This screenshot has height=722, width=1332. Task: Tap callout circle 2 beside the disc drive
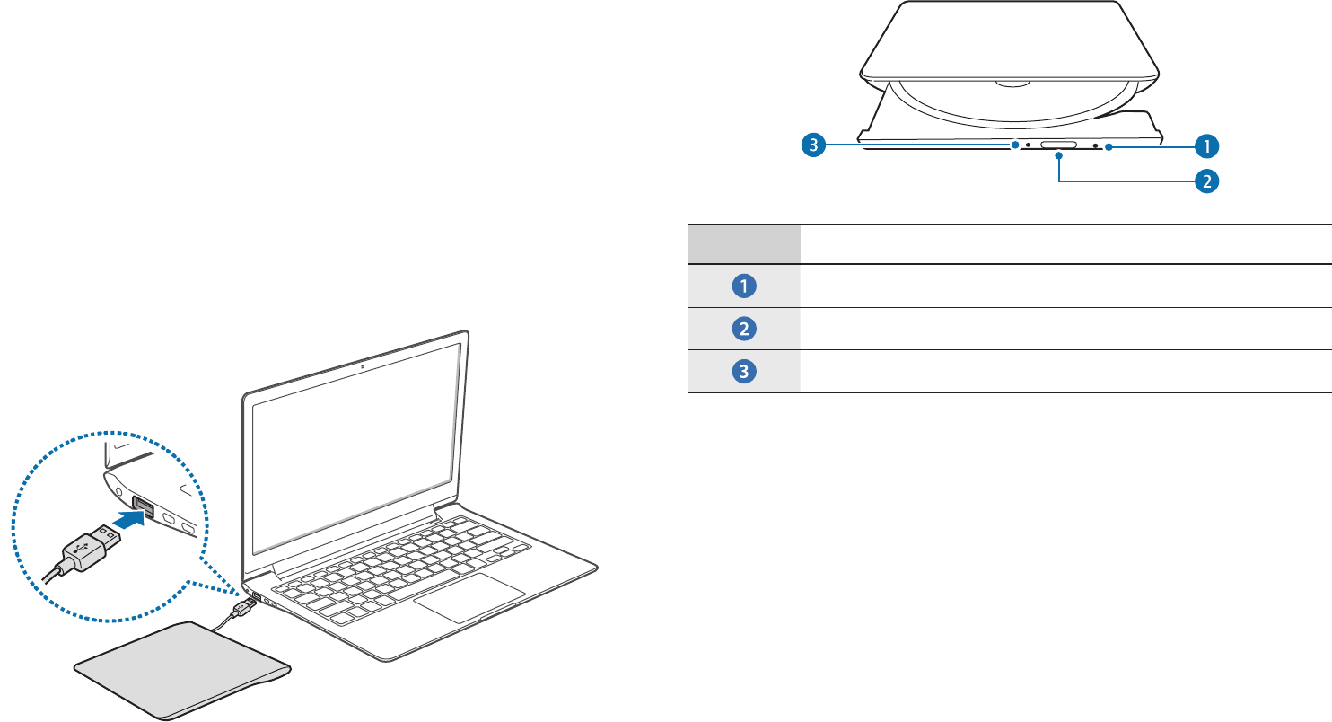[x=1208, y=180]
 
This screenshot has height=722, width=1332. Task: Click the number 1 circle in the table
[x=744, y=286]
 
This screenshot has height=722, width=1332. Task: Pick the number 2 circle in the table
[x=744, y=329]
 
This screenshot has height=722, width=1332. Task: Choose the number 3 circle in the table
[x=744, y=371]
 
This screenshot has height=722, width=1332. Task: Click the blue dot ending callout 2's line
[x=1060, y=155]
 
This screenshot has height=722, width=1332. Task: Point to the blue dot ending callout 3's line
[x=1014, y=145]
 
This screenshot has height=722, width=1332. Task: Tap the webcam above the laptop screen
[x=360, y=366]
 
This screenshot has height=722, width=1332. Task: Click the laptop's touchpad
[x=469, y=597]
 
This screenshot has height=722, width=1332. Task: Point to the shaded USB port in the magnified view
[x=145, y=508]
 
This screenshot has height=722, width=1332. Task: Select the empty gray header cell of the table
[x=744, y=244]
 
